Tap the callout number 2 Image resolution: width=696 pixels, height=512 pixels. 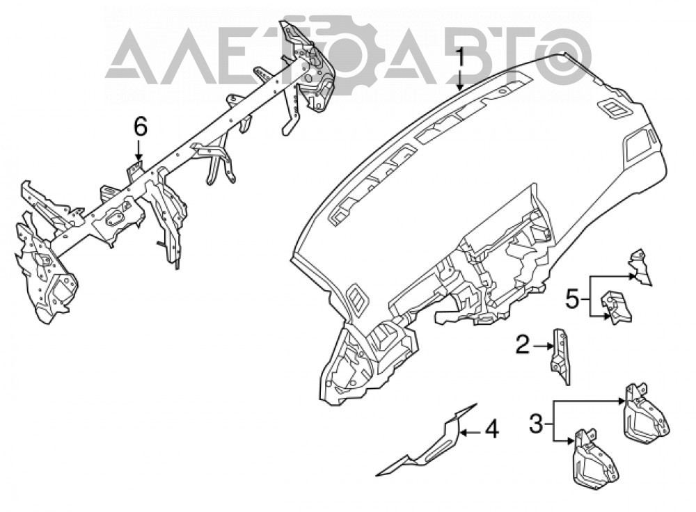(523, 345)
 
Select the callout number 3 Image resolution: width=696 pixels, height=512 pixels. (536, 424)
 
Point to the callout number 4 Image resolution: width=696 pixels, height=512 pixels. (491, 429)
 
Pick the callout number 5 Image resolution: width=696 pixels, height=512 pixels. (571, 300)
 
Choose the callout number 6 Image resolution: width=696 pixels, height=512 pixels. (140, 128)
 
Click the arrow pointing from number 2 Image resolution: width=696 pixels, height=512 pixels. (541, 346)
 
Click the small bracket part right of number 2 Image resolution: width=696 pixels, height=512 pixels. (560, 357)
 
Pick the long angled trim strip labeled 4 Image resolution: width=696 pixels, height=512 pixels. (426, 440)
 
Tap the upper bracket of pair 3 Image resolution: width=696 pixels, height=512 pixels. (646, 414)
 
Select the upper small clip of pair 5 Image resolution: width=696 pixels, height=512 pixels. (640, 266)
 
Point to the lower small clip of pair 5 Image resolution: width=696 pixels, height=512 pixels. (616, 307)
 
